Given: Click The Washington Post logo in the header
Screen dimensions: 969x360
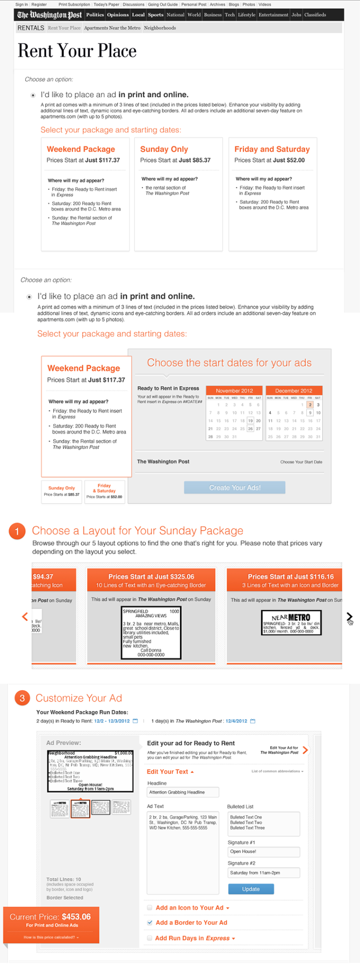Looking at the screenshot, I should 49,15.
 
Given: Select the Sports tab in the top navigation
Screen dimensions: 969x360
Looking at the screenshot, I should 155,15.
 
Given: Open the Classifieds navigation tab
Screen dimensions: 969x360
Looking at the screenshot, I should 315,15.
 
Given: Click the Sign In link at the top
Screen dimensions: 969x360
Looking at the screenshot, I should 21,4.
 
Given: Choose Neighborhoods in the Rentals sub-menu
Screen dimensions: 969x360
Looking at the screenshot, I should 160,28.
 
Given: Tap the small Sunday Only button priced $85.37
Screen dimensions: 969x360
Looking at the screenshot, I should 62,491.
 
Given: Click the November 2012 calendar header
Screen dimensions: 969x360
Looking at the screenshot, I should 234,391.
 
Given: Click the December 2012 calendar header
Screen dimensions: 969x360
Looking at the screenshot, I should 293,391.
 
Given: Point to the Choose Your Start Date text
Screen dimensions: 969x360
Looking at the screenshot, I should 301,462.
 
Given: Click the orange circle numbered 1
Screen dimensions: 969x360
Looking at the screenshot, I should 17,531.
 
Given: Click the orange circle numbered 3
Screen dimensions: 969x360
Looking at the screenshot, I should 22,698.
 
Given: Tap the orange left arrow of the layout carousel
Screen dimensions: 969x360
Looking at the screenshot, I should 25,617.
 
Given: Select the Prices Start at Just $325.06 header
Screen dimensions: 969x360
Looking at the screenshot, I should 151,576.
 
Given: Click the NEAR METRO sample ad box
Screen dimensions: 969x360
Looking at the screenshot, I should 291,623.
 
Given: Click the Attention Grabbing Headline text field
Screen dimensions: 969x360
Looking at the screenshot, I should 183,792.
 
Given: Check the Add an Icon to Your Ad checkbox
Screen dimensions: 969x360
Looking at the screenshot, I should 150,907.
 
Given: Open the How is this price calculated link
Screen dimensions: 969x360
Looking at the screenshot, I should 51,937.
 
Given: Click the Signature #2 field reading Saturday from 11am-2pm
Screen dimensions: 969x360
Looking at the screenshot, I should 263,873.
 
